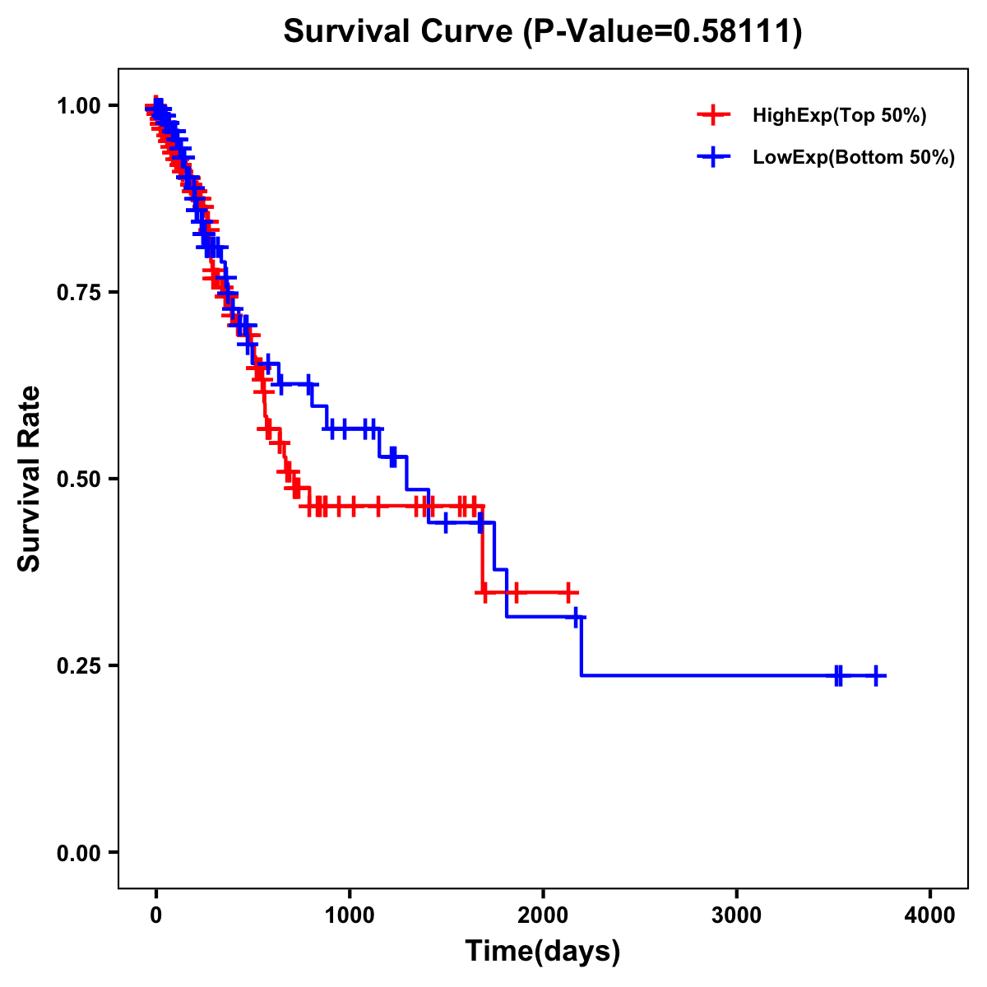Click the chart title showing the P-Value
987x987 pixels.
543,32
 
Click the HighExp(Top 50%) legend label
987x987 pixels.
839,116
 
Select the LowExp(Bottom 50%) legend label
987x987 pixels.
854,157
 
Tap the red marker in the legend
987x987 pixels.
713,115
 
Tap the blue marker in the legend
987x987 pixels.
713,156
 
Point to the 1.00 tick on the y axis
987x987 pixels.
79,106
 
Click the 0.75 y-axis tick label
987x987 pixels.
79,293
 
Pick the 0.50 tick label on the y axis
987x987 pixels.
79,480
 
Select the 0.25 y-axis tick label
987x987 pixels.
79,666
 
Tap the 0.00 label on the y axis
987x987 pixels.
79,853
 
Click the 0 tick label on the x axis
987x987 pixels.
156,916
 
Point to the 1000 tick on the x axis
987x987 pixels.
350,916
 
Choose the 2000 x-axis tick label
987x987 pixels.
543,916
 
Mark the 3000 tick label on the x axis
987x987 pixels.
736,916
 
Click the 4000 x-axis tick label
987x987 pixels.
930,916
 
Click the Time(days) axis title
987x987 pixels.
543,952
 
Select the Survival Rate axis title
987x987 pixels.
30,479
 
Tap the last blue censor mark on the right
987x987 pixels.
876,675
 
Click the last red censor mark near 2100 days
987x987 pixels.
568,592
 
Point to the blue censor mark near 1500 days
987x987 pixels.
445,522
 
